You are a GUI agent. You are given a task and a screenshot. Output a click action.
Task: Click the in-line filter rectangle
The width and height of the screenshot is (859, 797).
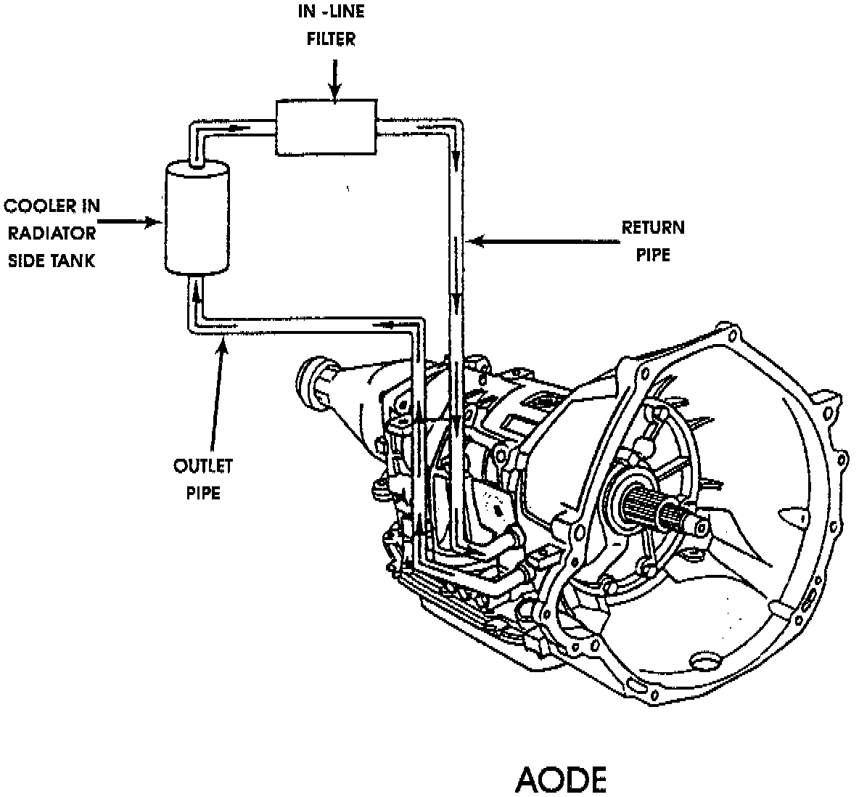point(326,128)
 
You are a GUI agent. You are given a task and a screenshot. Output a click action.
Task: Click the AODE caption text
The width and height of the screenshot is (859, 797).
point(560,779)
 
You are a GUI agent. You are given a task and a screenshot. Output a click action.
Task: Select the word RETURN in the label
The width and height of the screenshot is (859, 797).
point(652,228)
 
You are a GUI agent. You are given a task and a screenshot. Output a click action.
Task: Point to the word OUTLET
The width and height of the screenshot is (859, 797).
point(202,465)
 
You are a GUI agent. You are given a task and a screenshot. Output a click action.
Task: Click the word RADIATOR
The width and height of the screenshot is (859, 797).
point(52,233)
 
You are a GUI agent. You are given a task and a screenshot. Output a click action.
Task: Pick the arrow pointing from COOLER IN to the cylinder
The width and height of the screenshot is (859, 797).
point(128,221)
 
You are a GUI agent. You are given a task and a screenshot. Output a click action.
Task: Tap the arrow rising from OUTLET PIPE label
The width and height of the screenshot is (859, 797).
point(218,392)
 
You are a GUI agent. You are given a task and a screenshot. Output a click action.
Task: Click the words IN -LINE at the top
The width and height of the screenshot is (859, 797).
point(332,12)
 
